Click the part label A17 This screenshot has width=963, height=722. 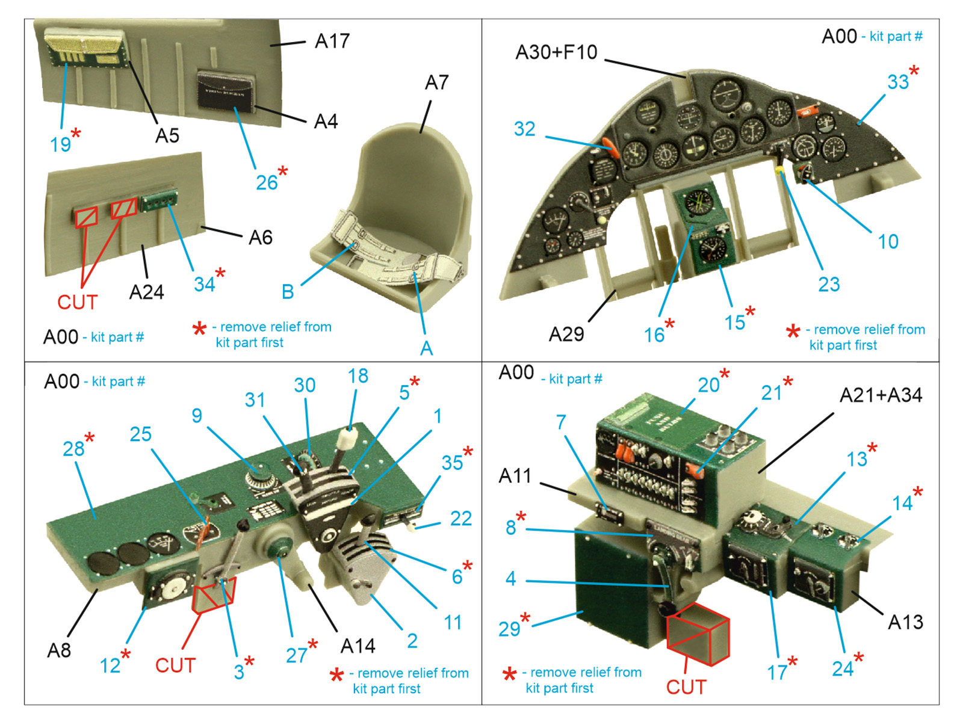[x=332, y=42]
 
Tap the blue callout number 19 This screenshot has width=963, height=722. [x=60, y=144]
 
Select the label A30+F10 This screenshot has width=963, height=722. [x=556, y=52]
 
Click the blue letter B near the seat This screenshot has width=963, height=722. [x=288, y=292]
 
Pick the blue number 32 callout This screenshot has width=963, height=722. [x=524, y=129]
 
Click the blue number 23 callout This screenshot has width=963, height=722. [x=829, y=284]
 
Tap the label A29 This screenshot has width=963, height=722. [x=566, y=333]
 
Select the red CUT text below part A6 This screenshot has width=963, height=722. [x=77, y=301]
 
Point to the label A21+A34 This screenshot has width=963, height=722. [x=881, y=395]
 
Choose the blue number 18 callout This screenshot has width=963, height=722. [x=358, y=376]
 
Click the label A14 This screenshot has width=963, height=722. [x=358, y=646]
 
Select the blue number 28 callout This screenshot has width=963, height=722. [x=73, y=448]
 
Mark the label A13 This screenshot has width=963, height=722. [x=905, y=622]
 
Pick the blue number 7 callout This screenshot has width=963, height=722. [x=561, y=422]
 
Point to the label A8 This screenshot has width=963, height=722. [x=59, y=650]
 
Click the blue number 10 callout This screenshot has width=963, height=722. [x=888, y=241]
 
